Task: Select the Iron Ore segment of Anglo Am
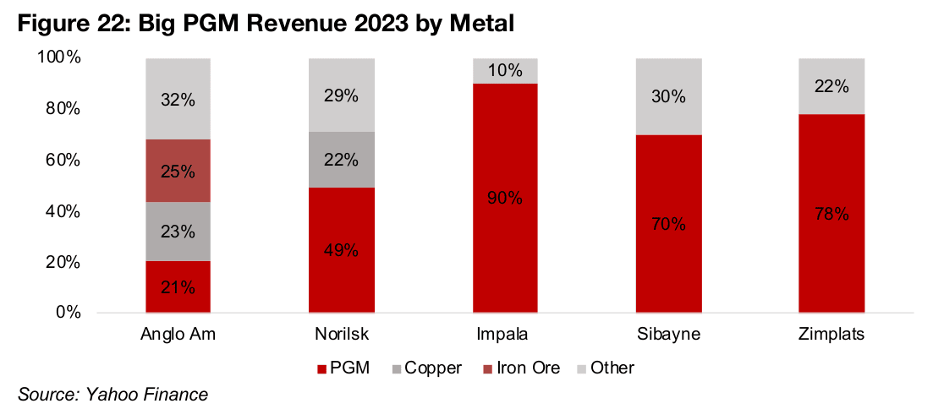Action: pos(178,172)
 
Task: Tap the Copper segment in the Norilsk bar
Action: pos(341,160)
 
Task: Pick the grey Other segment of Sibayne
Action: pos(668,96)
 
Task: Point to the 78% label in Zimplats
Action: pos(831,214)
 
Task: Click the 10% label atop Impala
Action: pos(505,70)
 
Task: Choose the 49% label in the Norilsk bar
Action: pos(341,250)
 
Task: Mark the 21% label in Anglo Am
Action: pos(178,287)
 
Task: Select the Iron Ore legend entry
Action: pos(519,368)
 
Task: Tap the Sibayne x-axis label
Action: pos(668,334)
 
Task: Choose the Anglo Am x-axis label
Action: pos(178,334)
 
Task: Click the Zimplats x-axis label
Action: pos(831,334)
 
